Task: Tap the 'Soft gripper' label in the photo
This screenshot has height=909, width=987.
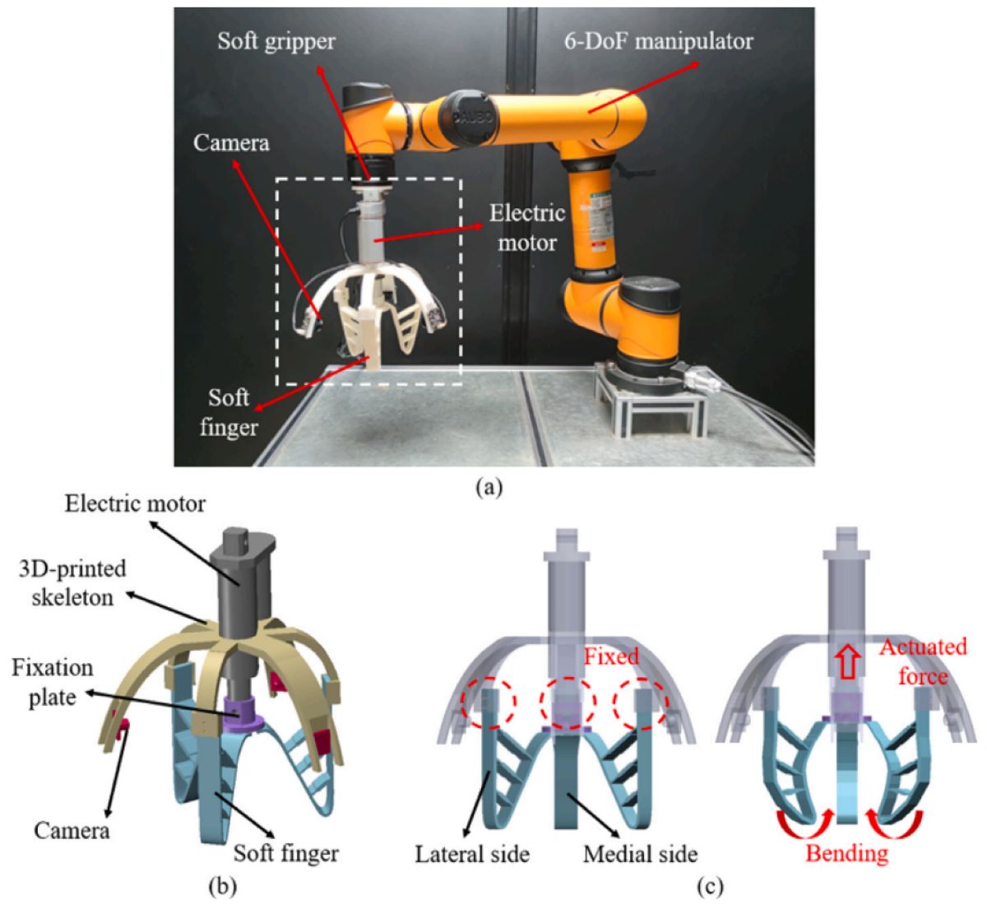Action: tap(276, 42)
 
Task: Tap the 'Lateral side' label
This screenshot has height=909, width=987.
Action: tap(471, 854)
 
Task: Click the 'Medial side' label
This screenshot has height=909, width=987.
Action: tap(639, 854)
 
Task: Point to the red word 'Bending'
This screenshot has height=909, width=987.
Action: tap(847, 853)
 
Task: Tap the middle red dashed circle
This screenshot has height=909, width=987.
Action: tap(568, 704)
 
